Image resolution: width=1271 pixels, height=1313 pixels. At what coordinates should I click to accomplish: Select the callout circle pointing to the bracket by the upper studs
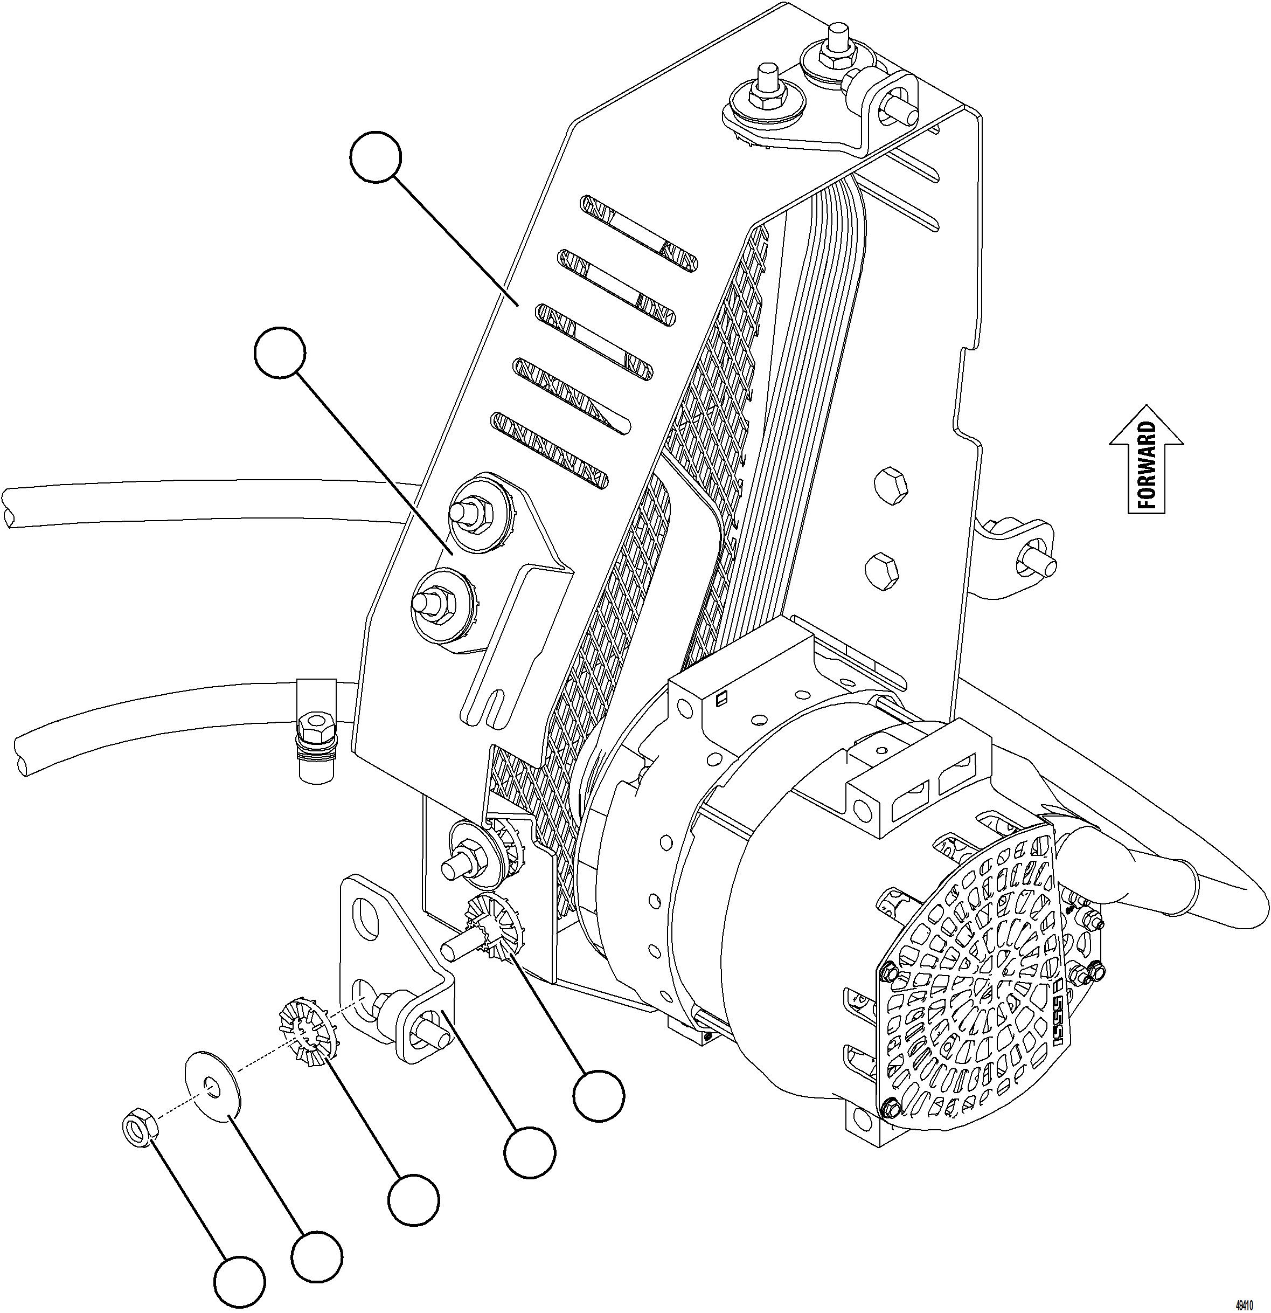pyautogui.click(x=280, y=353)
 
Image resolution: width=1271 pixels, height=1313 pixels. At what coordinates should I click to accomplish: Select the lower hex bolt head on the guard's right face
pyautogui.click(x=883, y=568)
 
